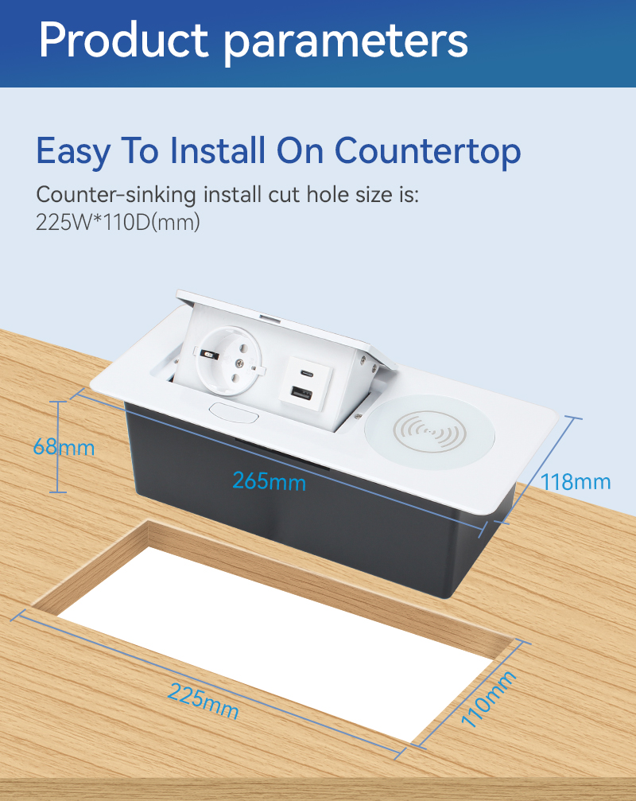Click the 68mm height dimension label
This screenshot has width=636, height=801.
[64, 448]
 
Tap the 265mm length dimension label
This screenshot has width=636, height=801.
[269, 481]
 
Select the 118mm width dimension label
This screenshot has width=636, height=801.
[576, 482]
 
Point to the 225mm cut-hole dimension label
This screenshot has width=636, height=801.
[204, 700]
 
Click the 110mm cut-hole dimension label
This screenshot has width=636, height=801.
[488, 698]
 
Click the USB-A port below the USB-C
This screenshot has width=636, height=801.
[301, 394]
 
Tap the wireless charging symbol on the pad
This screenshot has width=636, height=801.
[429, 431]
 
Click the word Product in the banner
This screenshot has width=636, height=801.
[123, 41]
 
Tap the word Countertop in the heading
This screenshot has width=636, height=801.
[427, 152]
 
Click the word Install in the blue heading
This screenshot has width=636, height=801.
[219, 150]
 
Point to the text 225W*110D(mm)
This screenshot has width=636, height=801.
[118, 222]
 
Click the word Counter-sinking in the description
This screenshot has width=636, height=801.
[116, 195]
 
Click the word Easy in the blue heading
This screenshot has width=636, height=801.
[73, 152]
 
